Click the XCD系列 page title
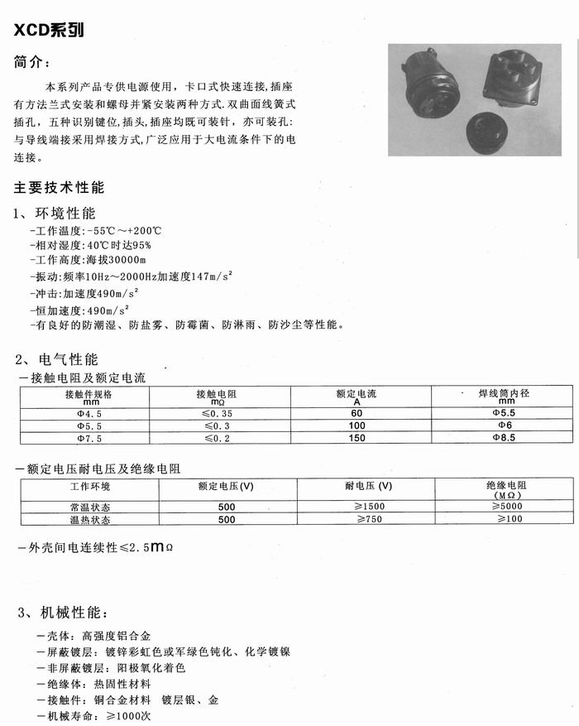tap(49, 31)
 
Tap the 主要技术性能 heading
tap(59, 188)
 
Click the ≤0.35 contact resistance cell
tap(218, 412)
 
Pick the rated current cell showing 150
tap(356, 437)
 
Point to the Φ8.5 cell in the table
tap(504, 437)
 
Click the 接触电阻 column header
tap(218, 396)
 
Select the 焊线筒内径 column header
tap(504, 396)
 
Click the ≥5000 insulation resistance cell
tap(507, 506)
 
